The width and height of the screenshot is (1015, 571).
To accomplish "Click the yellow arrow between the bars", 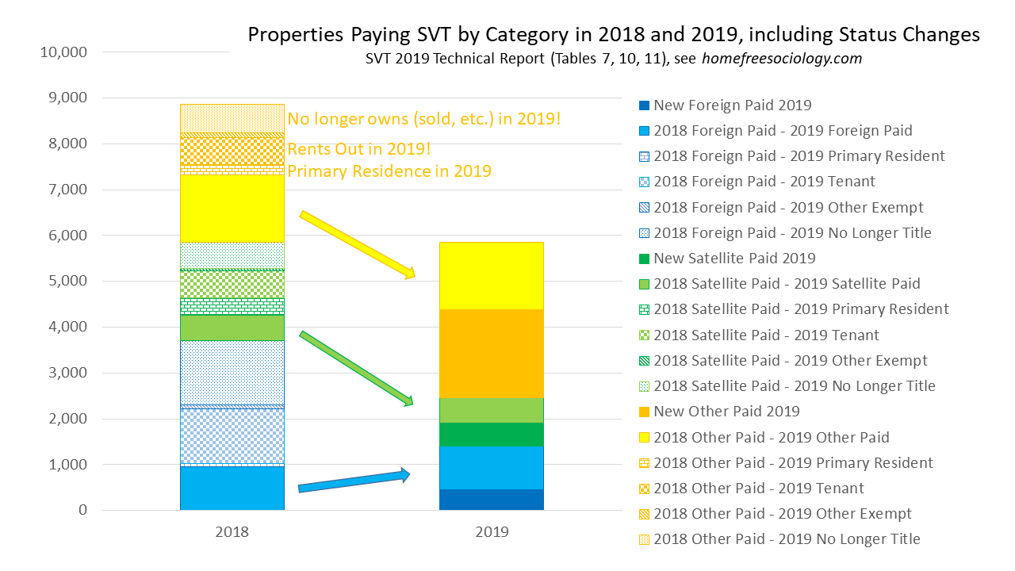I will click(357, 245).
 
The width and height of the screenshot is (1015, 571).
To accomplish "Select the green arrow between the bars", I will click(357, 369).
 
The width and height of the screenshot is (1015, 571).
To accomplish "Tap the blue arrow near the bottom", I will click(354, 481).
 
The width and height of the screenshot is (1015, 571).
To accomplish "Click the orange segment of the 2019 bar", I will click(492, 353).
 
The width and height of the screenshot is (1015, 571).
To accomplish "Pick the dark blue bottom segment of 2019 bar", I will click(492, 500).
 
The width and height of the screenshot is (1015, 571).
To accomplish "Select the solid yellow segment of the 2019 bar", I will click(492, 275).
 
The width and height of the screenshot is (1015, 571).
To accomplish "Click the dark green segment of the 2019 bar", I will click(492, 435).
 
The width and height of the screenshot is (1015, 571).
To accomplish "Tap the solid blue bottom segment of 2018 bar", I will click(232, 488).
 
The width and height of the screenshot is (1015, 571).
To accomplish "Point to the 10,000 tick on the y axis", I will click(63, 52).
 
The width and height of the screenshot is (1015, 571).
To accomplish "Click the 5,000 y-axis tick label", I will click(67, 282).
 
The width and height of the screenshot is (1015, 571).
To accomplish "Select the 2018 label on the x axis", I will click(232, 532).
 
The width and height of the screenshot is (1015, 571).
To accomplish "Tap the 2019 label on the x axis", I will click(492, 532).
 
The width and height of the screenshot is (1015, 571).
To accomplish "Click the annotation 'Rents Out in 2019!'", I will click(358, 149).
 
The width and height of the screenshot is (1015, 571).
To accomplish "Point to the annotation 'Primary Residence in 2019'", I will click(389, 171).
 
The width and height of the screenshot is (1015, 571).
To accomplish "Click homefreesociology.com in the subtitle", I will click(781, 59).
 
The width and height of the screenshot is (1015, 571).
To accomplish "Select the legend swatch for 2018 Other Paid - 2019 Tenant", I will click(644, 489).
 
